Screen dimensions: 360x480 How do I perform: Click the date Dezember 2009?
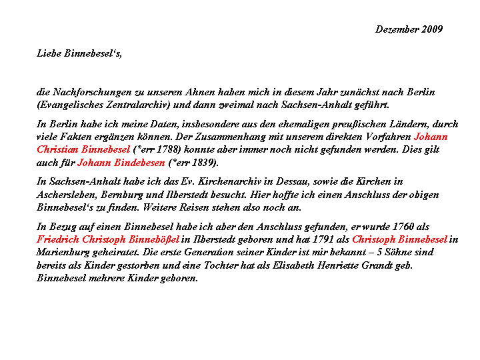coord(409,29)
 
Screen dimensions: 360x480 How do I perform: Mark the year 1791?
coord(324,239)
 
